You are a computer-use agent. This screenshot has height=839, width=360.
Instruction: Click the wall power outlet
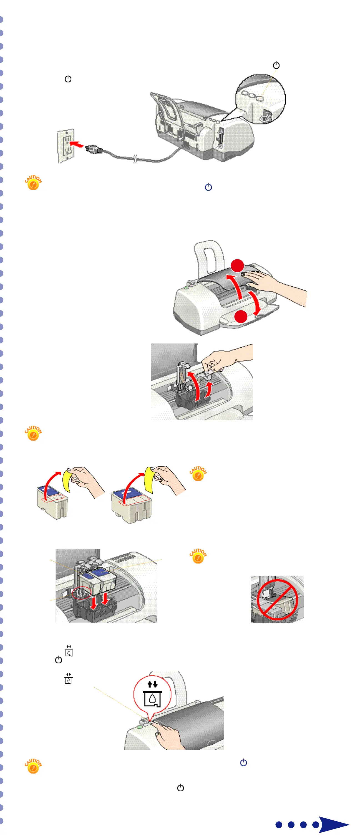pyautogui.click(x=66, y=146)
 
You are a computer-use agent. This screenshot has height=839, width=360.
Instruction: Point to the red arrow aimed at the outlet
pyautogui.click(x=77, y=144)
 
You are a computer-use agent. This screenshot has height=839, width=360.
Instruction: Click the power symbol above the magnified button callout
pyautogui.click(x=276, y=65)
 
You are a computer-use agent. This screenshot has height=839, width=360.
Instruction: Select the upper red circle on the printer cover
pyautogui.click(x=238, y=266)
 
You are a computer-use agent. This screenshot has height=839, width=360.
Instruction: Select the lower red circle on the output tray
pyautogui.click(x=241, y=316)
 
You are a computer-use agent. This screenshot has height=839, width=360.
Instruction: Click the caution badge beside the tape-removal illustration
pyautogui.click(x=198, y=474)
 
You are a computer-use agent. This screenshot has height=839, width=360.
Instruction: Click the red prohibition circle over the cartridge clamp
pyautogui.click(x=277, y=599)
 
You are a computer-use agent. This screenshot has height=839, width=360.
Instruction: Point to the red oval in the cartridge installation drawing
pyautogui.click(x=81, y=593)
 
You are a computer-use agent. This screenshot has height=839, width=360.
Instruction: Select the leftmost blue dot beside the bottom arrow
pyautogui.click(x=279, y=825)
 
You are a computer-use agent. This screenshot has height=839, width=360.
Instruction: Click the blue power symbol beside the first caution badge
pyautogui.click(x=208, y=187)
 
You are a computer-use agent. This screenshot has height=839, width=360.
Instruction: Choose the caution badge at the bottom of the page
pyautogui.click(x=33, y=766)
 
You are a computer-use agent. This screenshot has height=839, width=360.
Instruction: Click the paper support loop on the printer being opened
pyautogui.click(x=209, y=257)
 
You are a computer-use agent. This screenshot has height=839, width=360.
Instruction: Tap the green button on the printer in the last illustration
pyautogui.click(x=140, y=726)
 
